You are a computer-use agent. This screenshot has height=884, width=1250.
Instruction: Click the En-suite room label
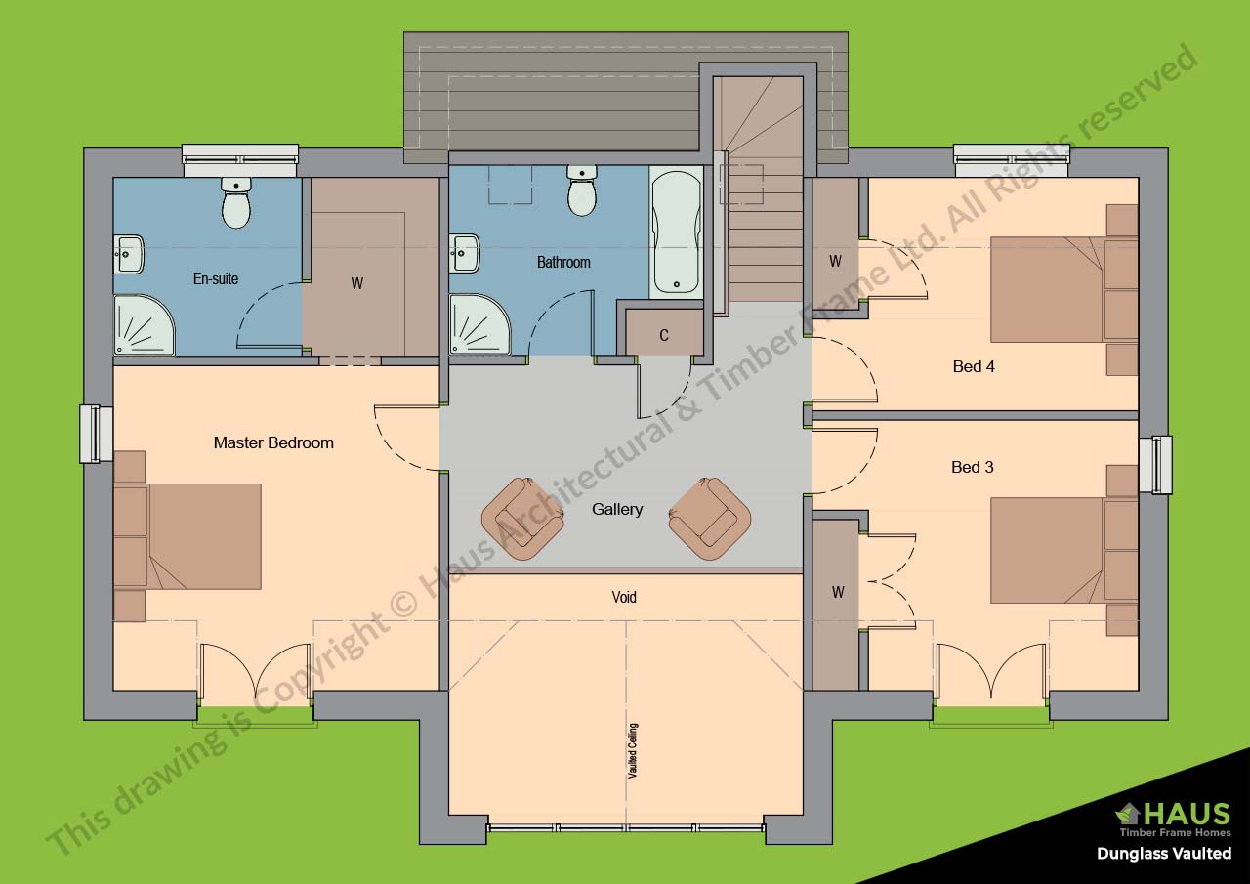point(215,279)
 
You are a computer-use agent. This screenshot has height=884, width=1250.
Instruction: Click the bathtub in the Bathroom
point(676,232)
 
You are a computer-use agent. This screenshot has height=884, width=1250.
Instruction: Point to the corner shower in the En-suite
point(143,326)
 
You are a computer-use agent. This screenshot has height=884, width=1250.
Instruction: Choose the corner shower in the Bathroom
point(479,326)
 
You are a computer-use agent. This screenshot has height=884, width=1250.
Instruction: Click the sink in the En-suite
point(129,254)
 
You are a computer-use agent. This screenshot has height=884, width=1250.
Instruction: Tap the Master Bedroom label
point(273,442)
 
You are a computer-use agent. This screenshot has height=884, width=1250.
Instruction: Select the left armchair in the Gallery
point(522,518)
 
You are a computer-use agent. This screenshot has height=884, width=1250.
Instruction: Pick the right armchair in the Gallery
point(709,518)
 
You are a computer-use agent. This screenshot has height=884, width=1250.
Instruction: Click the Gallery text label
point(617,509)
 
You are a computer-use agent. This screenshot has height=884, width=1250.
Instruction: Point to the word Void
point(624,597)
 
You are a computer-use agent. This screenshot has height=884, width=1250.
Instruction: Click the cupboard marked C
point(664,335)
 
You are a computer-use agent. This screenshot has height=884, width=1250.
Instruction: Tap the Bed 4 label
point(974,367)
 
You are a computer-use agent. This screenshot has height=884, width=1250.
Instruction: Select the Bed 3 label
point(973,467)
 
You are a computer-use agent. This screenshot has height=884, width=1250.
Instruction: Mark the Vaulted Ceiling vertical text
point(633,750)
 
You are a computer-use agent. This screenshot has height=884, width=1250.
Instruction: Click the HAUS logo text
point(1185,814)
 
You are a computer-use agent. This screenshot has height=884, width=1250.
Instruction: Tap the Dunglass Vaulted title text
point(1163,854)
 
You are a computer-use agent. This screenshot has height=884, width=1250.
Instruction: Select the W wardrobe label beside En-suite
point(357,283)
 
